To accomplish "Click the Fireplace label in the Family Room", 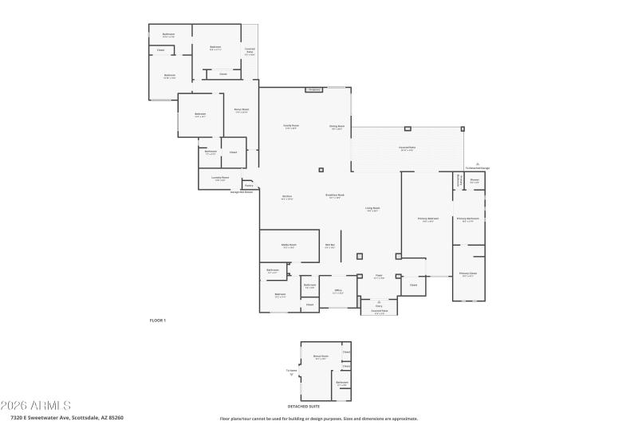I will [x=314, y=90].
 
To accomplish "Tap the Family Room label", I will [x=290, y=126].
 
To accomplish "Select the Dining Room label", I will [x=337, y=126].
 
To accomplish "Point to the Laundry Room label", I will [x=220, y=178].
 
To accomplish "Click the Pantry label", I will [x=249, y=185].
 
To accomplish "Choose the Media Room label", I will [x=289, y=245].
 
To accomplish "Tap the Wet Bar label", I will [x=329, y=245].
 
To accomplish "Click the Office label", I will [x=338, y=290].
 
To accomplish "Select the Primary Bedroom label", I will [x=428, y=218].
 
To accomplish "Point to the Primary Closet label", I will [x=467, y=273].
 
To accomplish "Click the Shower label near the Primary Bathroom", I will [x=475, y=180].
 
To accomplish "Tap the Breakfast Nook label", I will [x=335, y=195].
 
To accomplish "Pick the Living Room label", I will [x=372, y=208].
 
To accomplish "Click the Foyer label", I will [x=380, y=277].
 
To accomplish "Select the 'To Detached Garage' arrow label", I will [x=478, y=167].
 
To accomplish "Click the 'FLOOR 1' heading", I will [x=157, y=320].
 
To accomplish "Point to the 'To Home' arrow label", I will [x=292, y=371].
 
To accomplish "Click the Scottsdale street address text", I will [x=67, y=417].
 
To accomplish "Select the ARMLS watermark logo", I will [x=36, y=405].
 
